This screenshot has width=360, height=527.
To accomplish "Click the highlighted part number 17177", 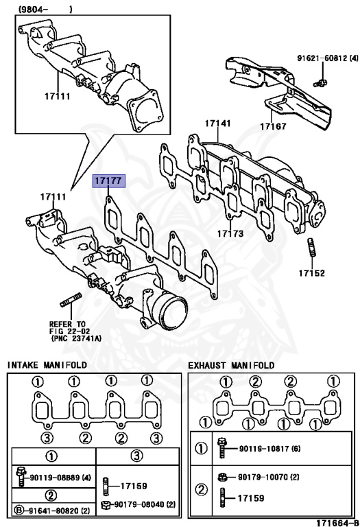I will [x=108, y=181].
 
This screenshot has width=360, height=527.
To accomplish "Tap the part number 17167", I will [x=273, y=126].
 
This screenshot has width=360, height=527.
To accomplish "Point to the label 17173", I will [x=230, y=234].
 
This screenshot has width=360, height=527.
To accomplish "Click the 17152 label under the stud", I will [x=311, y=272].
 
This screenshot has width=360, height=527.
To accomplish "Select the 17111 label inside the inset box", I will [x=57, y=96].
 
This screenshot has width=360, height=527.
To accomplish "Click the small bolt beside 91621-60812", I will [x=319, y=83].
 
